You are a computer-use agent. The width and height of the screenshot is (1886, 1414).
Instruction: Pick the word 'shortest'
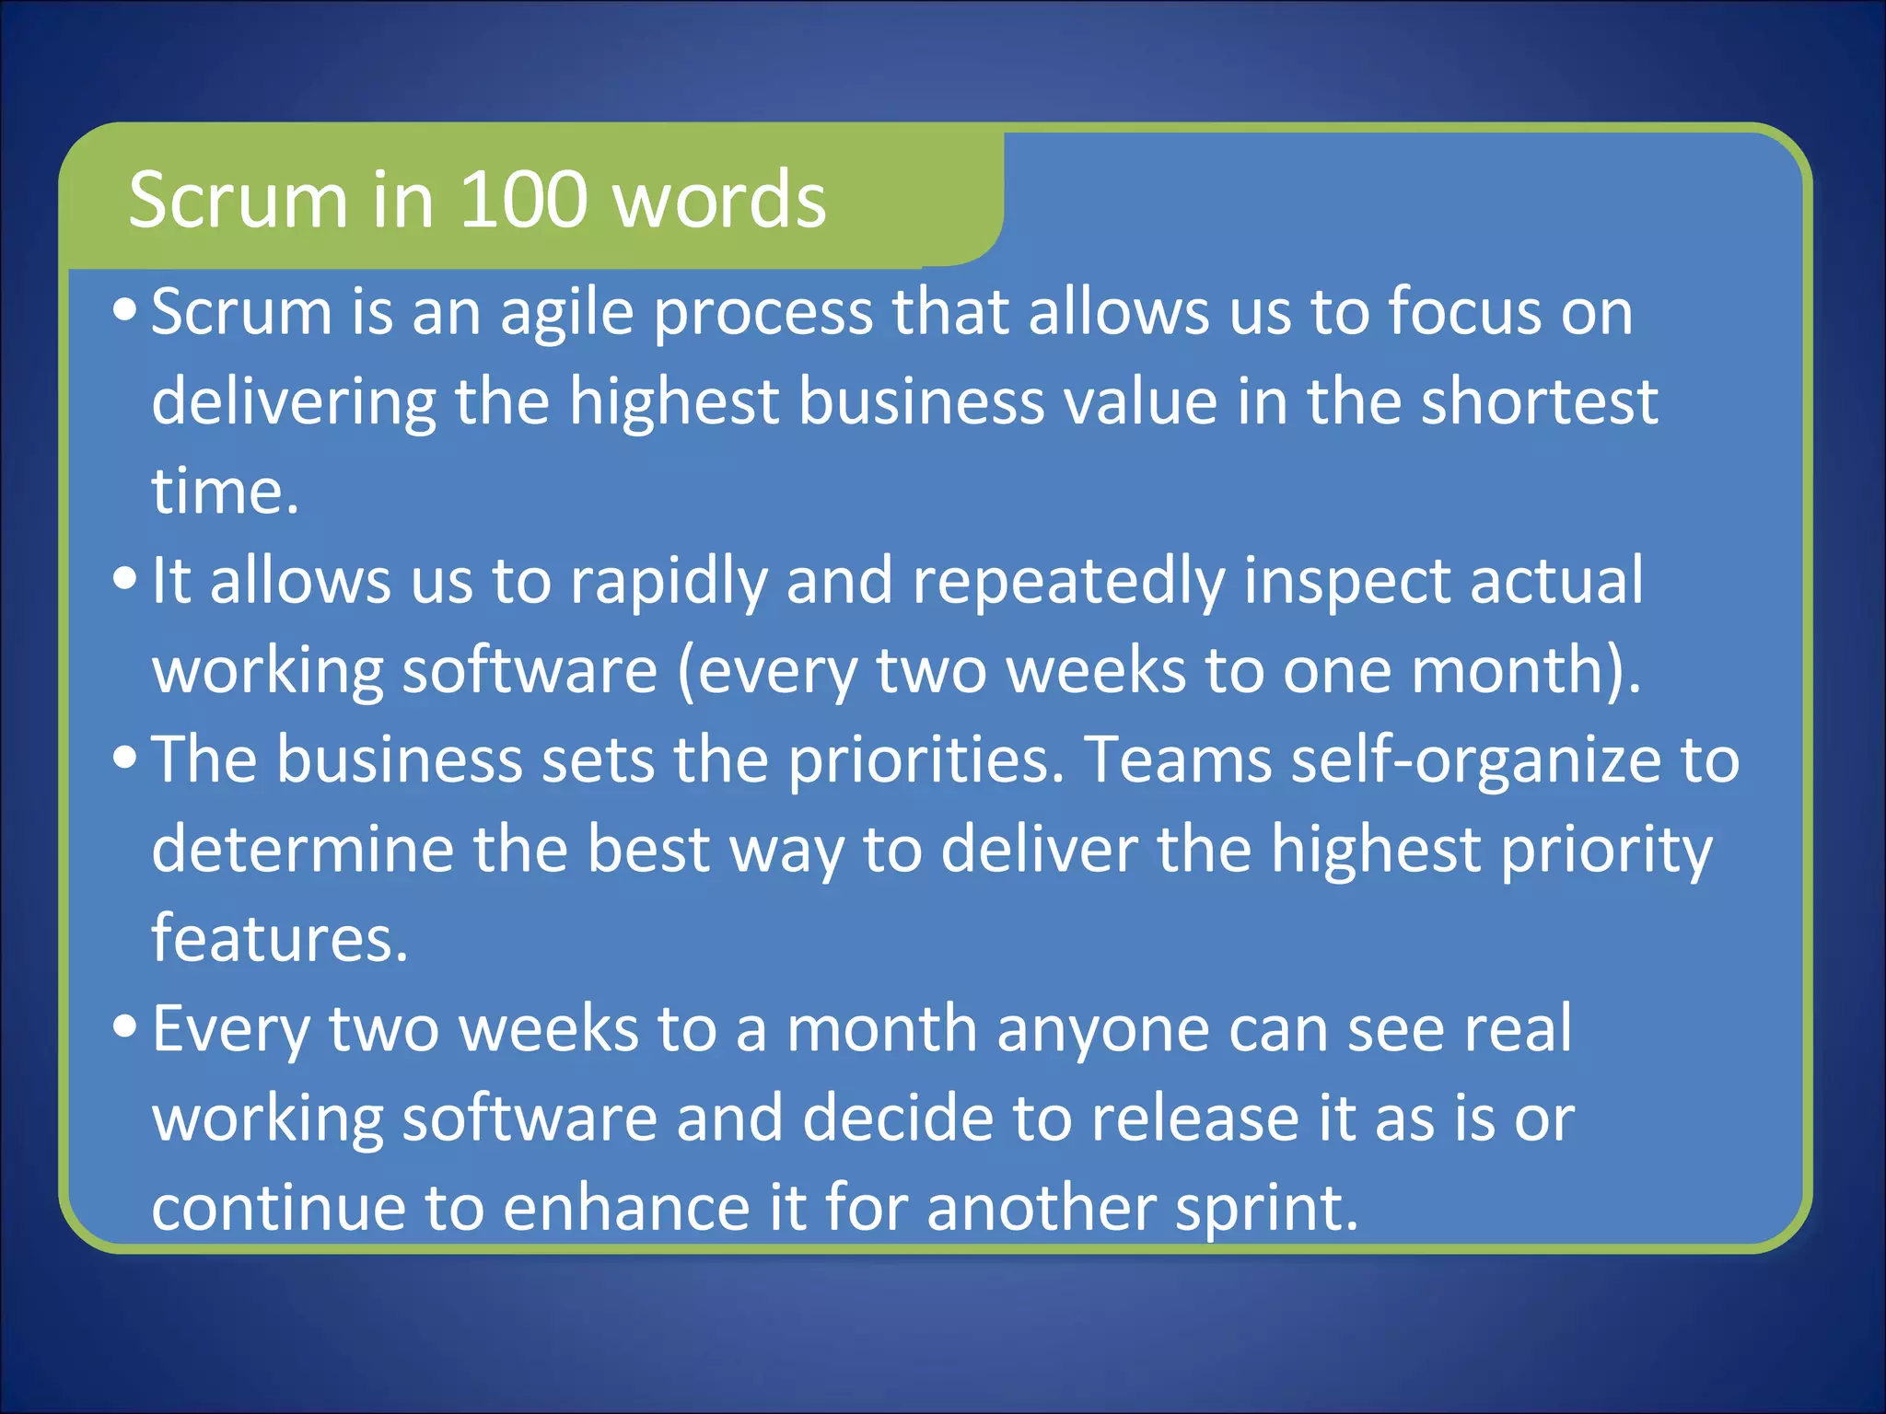pyautogui.click(x=1539, y=401)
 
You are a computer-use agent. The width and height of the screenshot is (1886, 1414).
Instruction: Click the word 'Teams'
pyautogui.click(x=1178, y=760)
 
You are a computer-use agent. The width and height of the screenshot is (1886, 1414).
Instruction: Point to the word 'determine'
pyautogui.click(x=303, y=849)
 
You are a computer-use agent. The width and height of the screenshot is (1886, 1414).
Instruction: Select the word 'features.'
pyautogui.click(x=279, y=938)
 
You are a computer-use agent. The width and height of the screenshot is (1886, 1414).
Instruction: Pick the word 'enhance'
pyautogui.click(x=627, y=1208)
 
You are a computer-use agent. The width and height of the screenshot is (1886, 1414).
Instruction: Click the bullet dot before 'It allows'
pyautogui.click(x=125, y=580)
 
